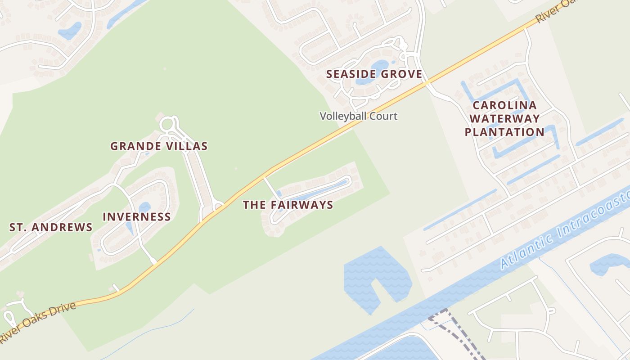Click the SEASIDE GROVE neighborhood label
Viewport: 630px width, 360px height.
click(374, 74)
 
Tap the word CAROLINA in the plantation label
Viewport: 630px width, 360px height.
click(504, 105)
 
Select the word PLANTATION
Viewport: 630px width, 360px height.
click(504, 132)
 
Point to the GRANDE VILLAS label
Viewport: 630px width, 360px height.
click(159, 146)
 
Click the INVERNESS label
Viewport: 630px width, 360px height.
click(137, 217)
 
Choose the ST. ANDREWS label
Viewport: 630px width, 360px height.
click(51, 227)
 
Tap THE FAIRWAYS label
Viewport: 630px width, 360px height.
click(288, 205)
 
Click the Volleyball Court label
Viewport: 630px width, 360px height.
click(358, 116)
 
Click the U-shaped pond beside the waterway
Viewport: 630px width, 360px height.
click(360, 274)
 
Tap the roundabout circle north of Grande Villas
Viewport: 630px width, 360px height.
click(167, 123)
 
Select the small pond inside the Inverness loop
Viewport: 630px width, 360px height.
click(144, 207)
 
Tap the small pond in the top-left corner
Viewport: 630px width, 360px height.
click(69, 31)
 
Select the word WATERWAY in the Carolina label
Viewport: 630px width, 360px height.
click(504, 119)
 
